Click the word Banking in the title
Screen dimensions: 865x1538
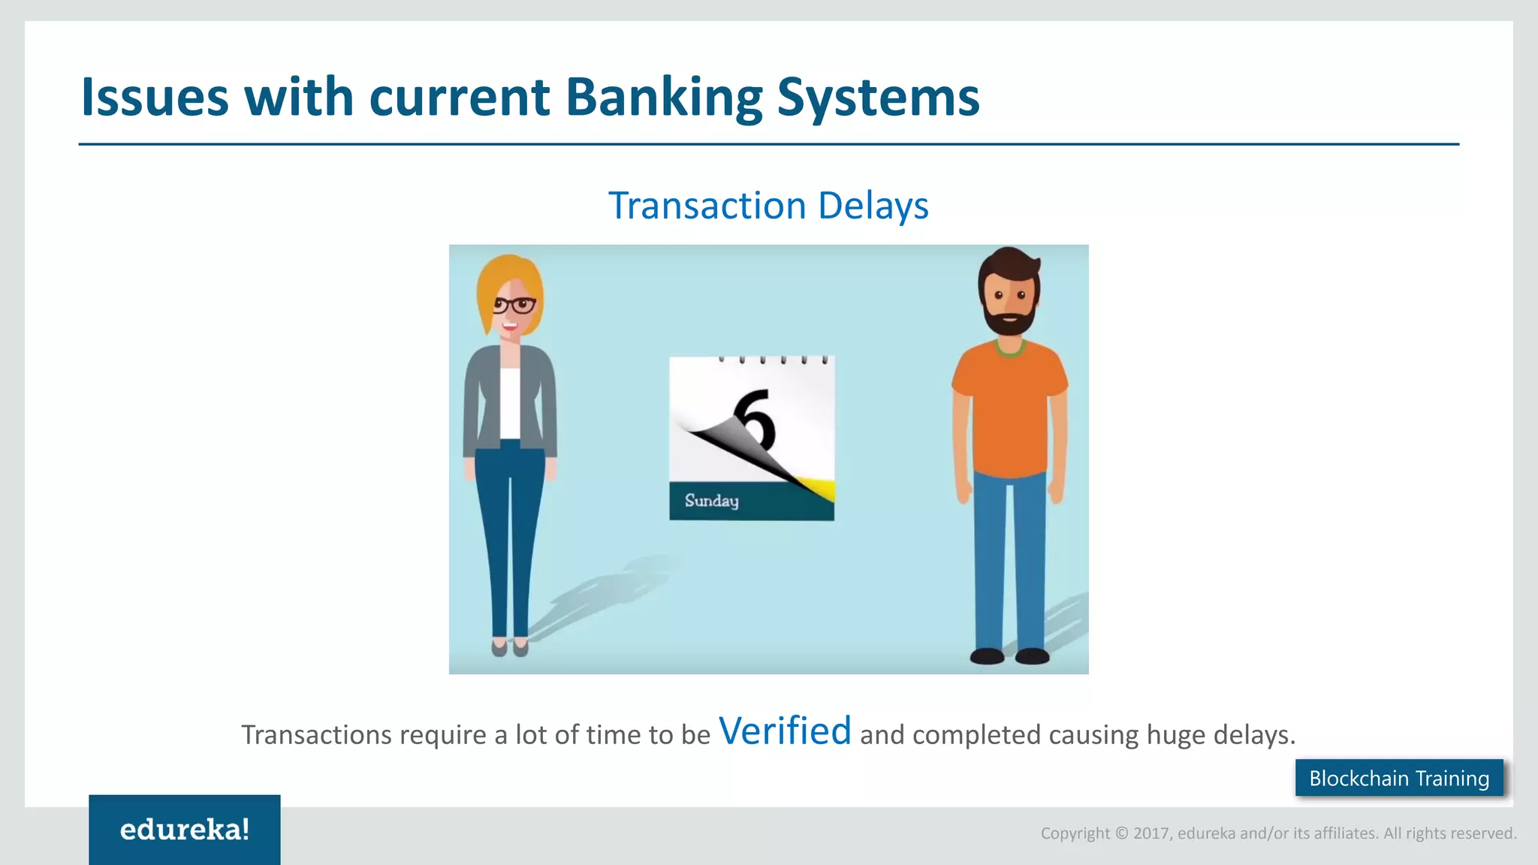(663, 98)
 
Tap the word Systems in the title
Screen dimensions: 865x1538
(878, 98)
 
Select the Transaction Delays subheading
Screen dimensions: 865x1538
(768, 206)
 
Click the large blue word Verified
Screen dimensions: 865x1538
(785, 731)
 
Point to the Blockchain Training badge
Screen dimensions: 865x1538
(1398, 778)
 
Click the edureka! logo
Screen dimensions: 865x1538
(184, 830)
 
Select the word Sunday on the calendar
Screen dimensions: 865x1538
(711, 501)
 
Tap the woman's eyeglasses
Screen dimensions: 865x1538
(514, 305)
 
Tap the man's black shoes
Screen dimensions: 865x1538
(1009, 656)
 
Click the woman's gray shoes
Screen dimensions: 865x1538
(510, 646)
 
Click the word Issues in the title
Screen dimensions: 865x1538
(154, 98)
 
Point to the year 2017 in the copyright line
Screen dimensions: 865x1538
(1150, 833)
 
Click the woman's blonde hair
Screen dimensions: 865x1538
(496, 282)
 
